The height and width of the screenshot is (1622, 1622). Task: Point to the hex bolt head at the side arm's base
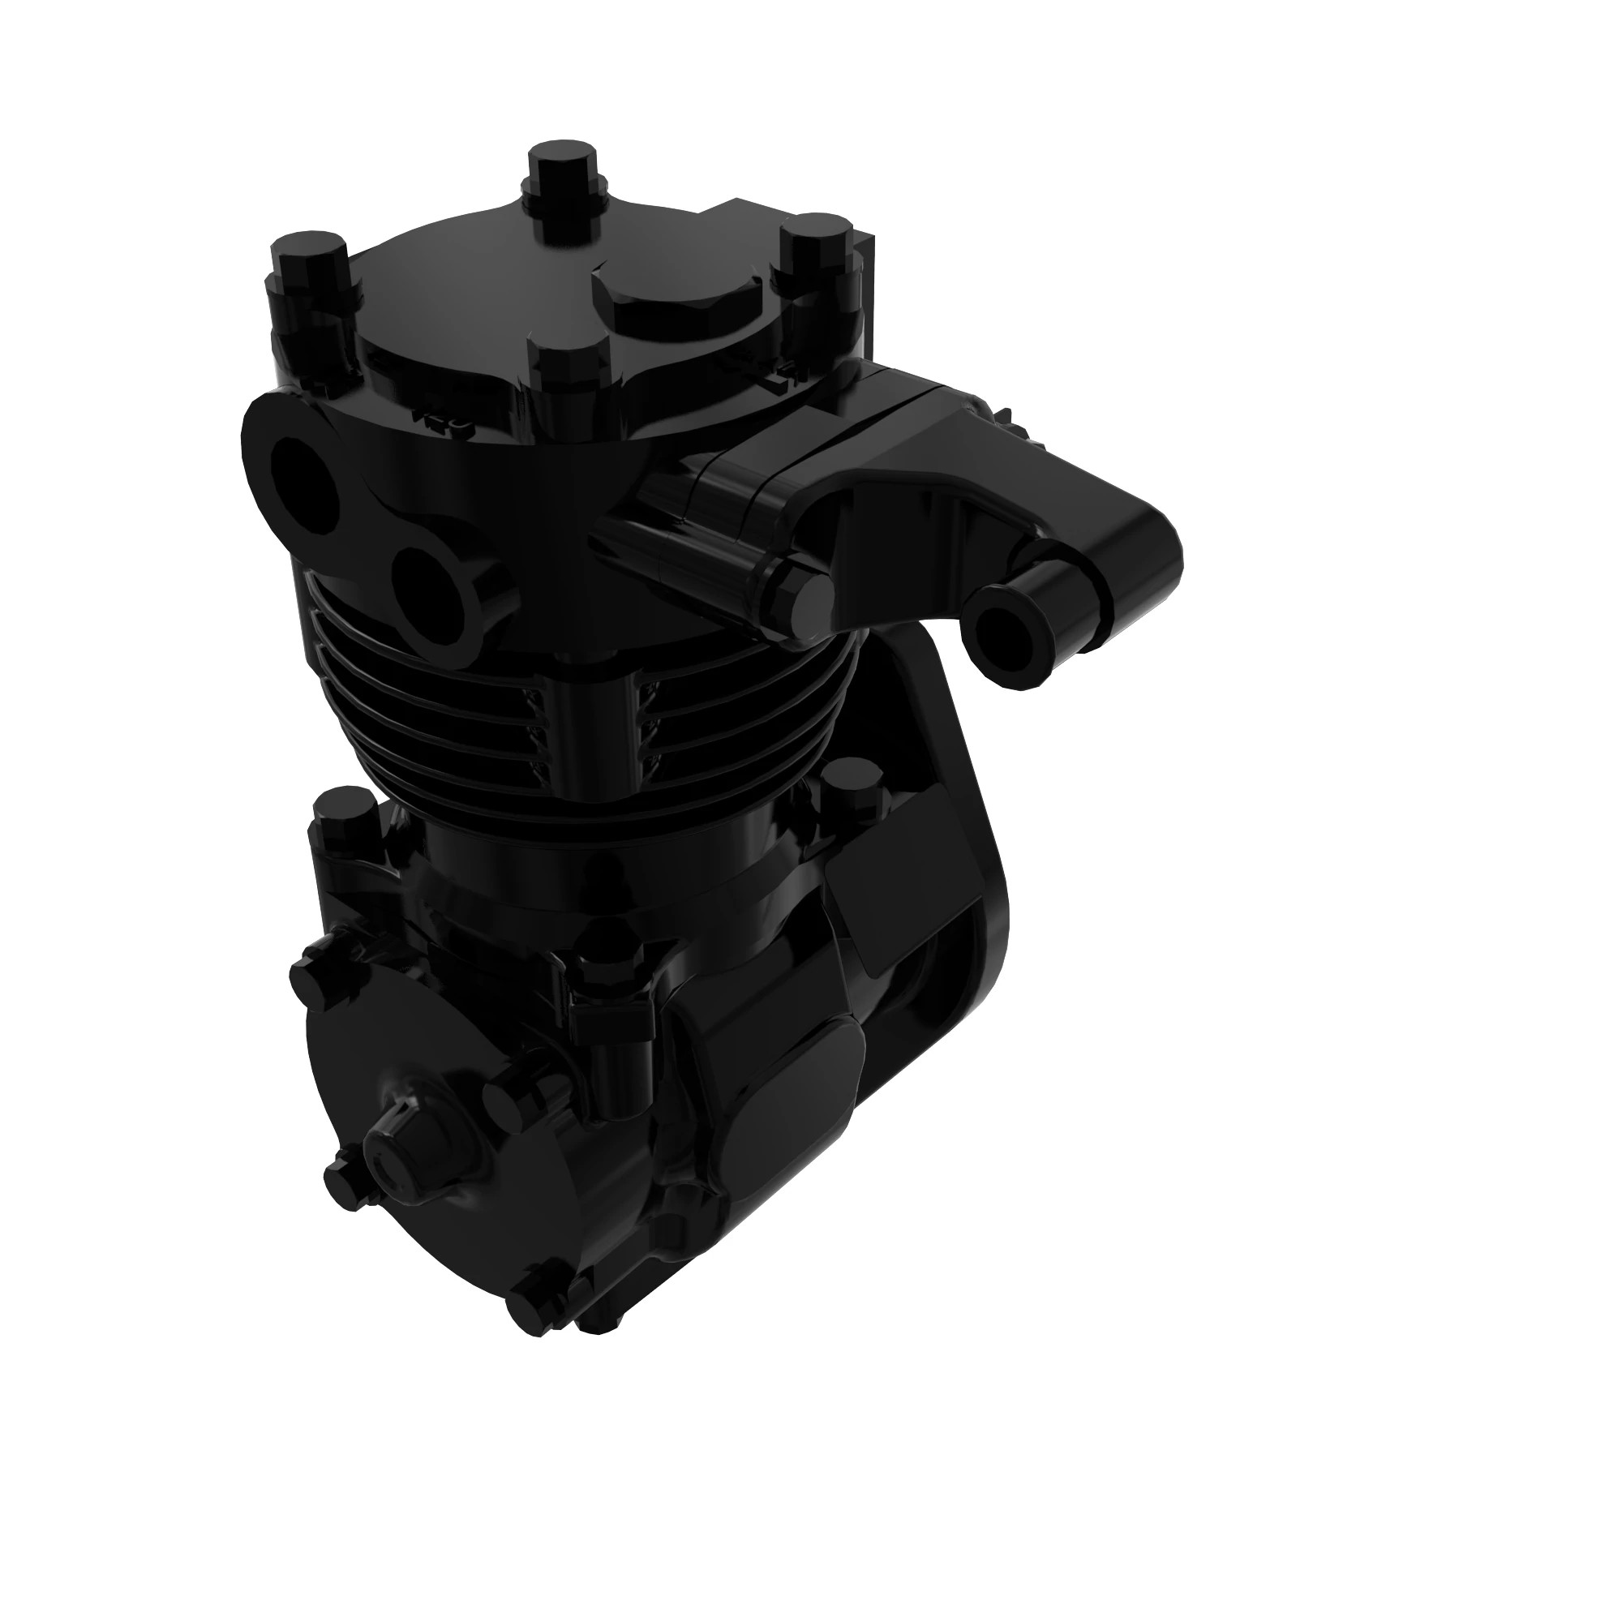tap(801, 593)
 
